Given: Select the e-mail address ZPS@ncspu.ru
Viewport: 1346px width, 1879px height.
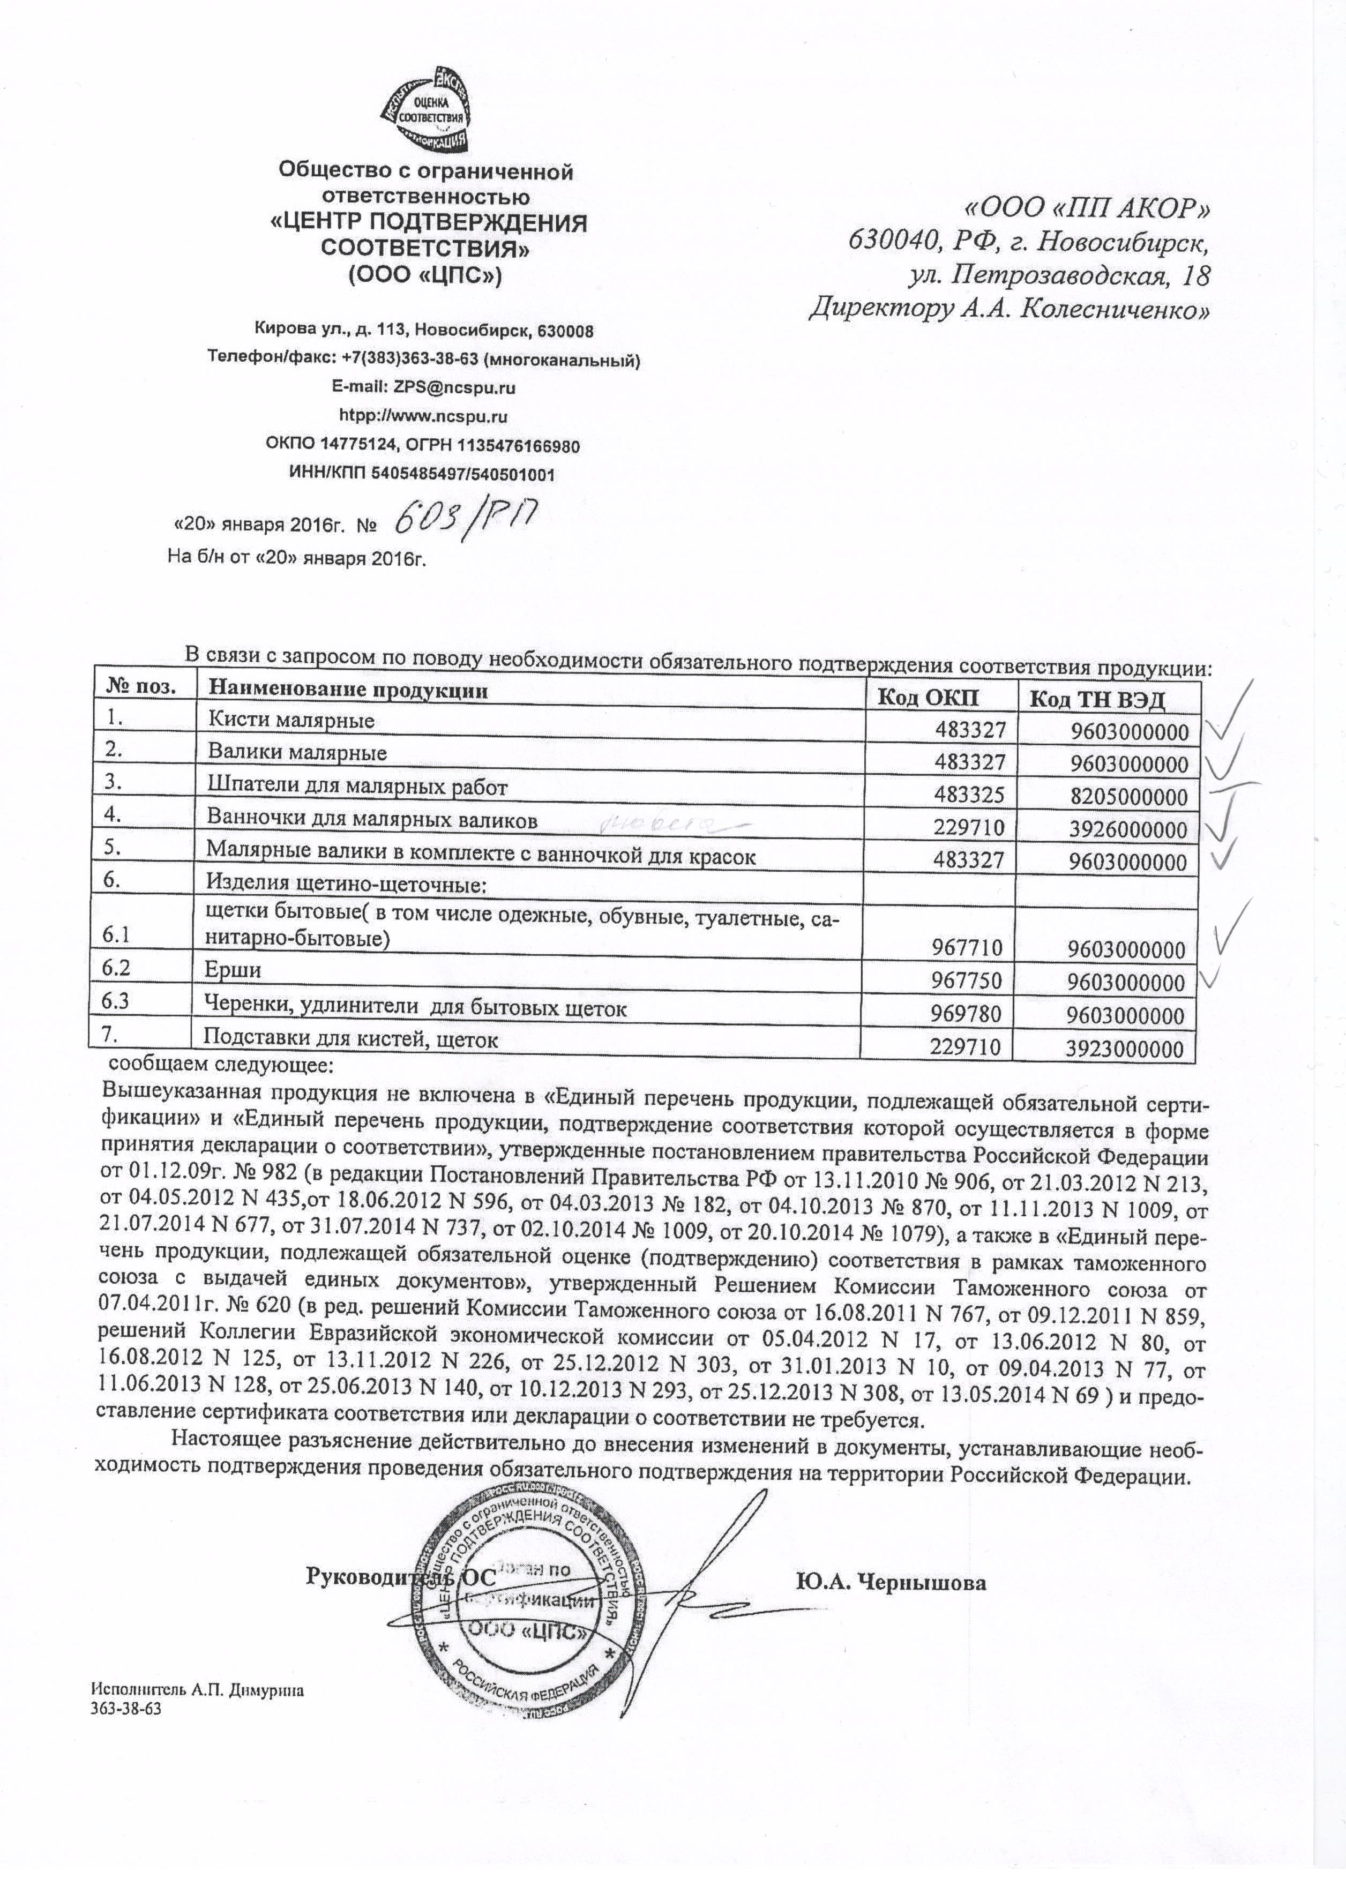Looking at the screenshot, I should [x=424, y=387].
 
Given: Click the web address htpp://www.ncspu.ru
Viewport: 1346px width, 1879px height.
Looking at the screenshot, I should [x=423, y=416].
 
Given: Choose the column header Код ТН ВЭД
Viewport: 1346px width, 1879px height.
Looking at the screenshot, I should [x=1097, y=700].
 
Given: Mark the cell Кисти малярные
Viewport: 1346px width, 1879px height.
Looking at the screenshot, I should [x=291, y=720].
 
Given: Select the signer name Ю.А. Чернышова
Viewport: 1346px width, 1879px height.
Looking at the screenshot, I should [x=891, y=1583].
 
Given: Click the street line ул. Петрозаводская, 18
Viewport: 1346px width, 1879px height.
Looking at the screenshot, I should [x=1059, y=275].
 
